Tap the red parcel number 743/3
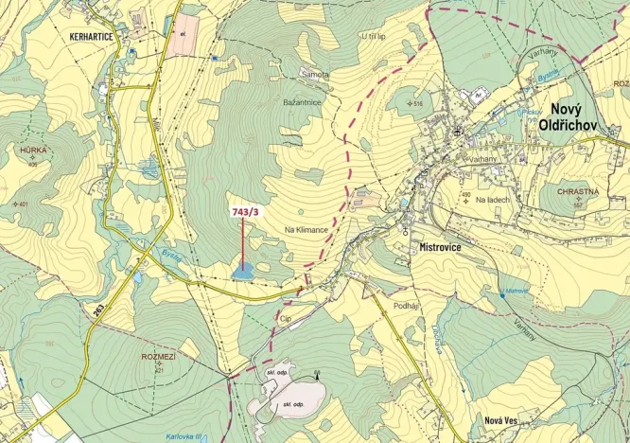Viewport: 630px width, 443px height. (244, 213)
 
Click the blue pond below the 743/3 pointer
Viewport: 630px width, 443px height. (242, 272)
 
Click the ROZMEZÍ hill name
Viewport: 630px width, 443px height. (158, 357)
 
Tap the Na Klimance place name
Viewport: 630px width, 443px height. (306, 230)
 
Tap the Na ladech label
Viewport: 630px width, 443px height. (493, 200)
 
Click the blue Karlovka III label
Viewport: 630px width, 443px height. (183, 436)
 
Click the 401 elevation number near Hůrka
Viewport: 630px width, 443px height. (24, 204)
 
